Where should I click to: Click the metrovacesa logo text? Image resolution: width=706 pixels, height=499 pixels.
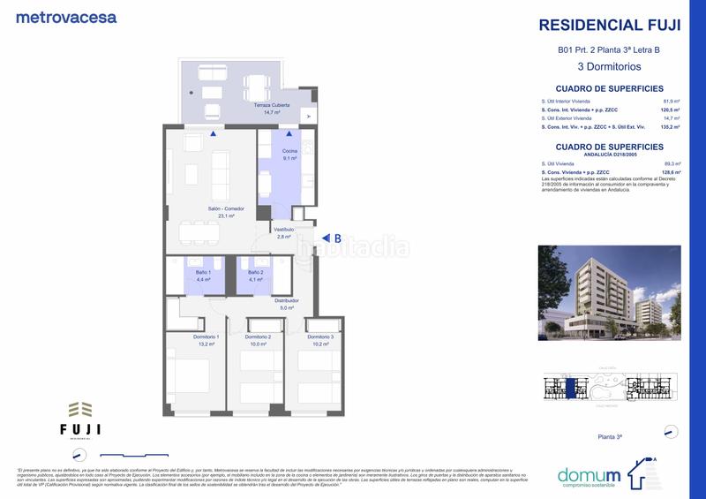(x=66, y=17)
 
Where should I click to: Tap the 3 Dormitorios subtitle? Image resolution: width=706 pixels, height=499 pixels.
(x=609, y=66)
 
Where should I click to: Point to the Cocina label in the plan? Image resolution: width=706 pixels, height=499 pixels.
(x=289, y=152)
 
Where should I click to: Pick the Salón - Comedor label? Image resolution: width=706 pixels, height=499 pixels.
(x=226, y=208)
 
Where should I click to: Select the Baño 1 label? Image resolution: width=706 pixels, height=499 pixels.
(x=204, y=272)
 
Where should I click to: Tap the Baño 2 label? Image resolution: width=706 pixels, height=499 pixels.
(x=255, y=272)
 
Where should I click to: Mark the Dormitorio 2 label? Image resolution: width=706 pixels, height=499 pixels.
(x=258, y=336)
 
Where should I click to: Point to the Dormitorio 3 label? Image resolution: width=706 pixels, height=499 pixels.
(x=319, y=336)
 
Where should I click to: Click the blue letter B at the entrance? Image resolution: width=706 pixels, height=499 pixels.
(x=336, y=238)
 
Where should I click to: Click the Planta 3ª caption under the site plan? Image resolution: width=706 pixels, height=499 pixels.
(x=611, y=437)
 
